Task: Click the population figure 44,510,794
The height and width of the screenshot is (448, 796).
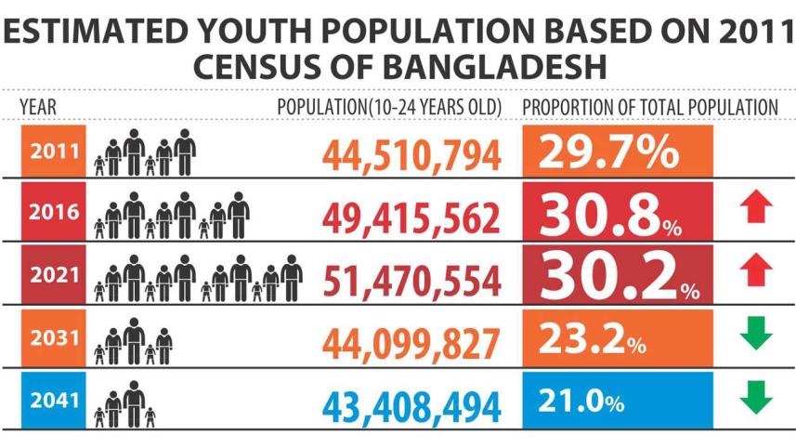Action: click(412, 155)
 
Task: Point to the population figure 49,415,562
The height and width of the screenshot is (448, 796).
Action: click(412, 216)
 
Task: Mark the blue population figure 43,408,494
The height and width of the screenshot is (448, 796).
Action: click(412, 405)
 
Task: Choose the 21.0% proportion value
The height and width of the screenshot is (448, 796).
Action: click(581, 402)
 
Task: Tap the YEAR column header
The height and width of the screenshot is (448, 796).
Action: click(38, 107)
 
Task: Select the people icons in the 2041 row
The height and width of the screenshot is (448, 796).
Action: click(124, 403)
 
